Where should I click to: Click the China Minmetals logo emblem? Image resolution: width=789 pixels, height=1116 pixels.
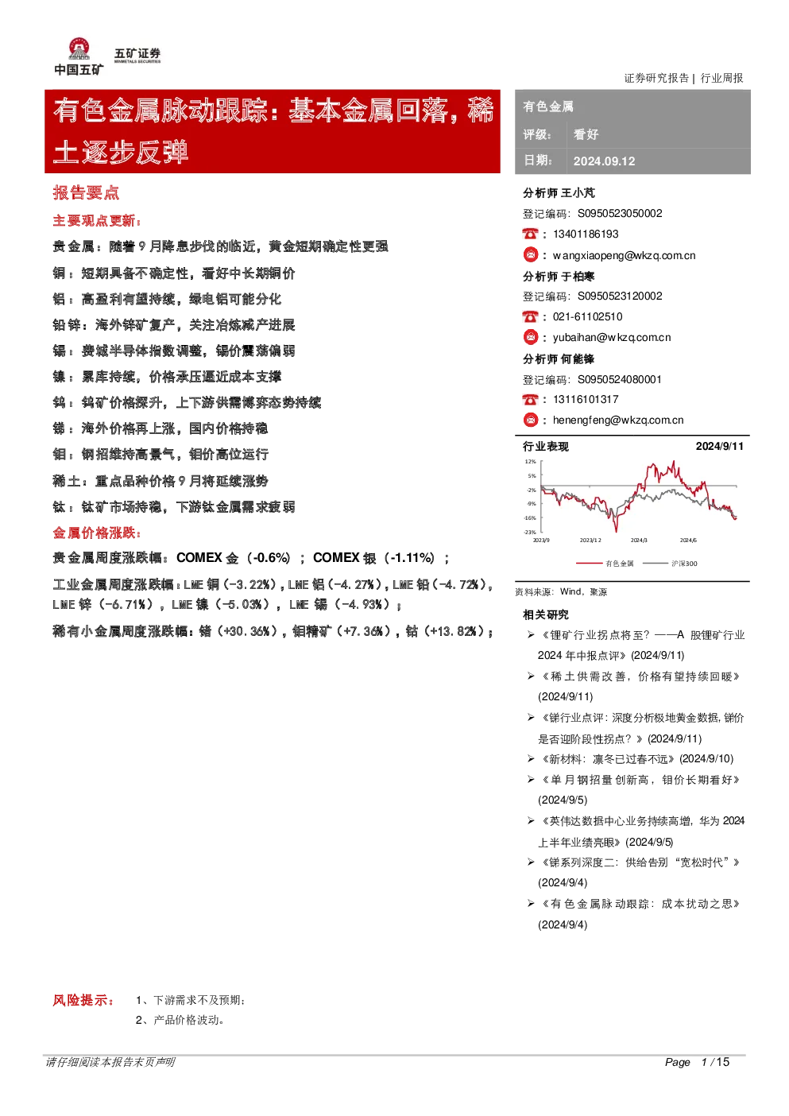[x=79, y=48]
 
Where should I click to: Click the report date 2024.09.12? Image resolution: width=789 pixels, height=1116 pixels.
[x=604, y=161]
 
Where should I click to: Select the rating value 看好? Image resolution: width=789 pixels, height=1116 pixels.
[x=586, y=134]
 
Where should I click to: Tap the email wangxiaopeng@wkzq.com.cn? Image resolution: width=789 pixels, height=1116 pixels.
[x=624, y=256]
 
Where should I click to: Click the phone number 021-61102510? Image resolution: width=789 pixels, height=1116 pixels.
[x=587, y=317]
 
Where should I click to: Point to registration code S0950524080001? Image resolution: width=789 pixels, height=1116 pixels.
[x=619, y=380]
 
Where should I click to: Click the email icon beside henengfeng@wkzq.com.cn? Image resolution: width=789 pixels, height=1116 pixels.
[x=531, y=420]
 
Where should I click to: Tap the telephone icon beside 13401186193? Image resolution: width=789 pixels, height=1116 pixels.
[x=531, y=234]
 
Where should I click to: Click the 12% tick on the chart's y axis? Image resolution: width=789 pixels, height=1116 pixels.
[x=530, y=461]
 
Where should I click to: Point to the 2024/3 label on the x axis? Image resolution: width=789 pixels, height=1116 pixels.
[x=639, y=540]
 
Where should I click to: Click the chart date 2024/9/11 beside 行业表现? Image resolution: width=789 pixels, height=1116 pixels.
[x=719, y=447]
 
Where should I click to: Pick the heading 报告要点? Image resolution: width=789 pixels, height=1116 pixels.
[x=86, y=193]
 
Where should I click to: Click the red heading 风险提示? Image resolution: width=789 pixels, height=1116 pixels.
[x=83, y=1000]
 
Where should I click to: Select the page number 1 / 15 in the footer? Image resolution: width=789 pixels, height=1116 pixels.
[x=715, y=1062]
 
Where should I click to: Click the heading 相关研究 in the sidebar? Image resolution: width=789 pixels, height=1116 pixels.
[x=545, y=614]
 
